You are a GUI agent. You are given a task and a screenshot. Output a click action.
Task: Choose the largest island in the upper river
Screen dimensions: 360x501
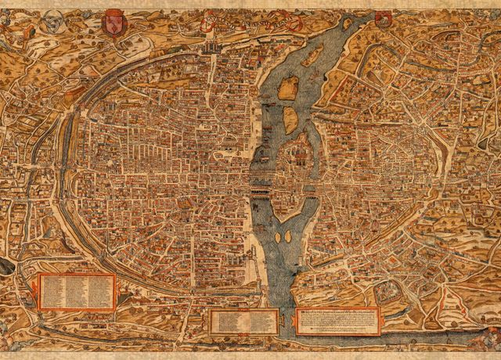point(287,88)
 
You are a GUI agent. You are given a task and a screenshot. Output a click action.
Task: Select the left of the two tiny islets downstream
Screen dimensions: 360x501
point(276,234)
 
